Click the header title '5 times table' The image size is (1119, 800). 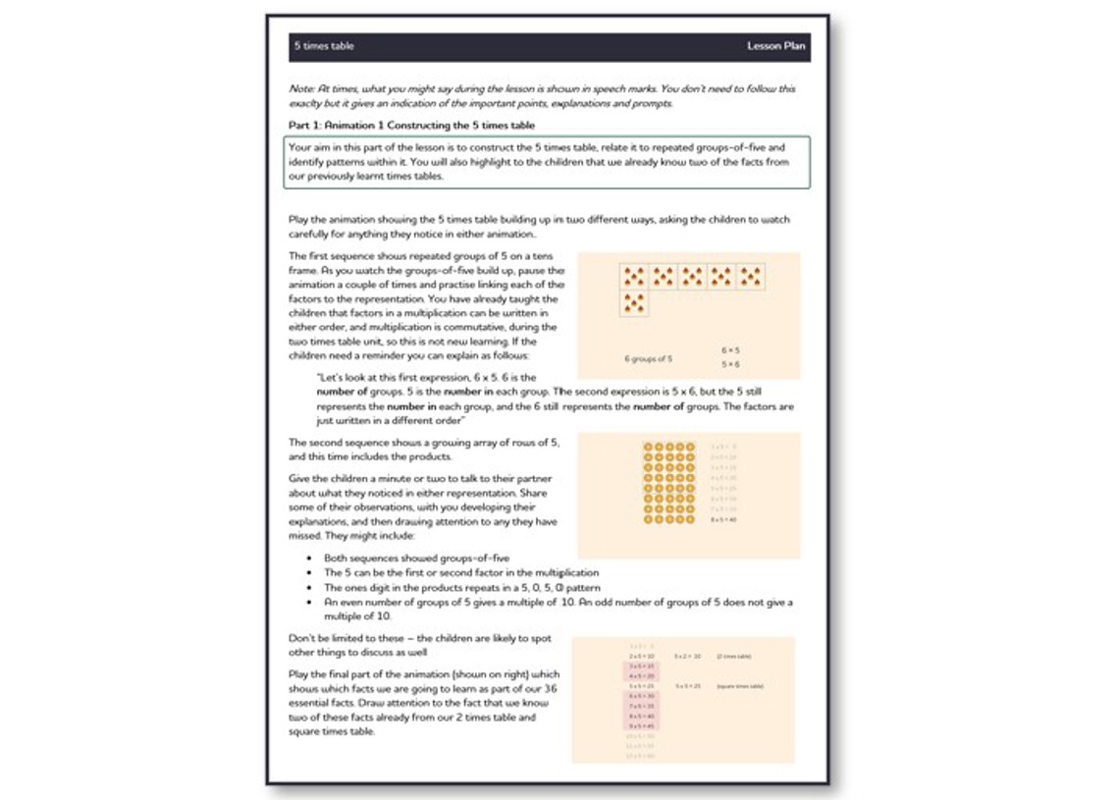(324, 47)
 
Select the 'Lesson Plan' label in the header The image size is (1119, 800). (776, 47)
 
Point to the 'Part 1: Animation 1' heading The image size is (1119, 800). (411, 126)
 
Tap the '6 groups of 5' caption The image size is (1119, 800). (648, 358)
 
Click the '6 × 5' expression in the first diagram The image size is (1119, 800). (729, 349)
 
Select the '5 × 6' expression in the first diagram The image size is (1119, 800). (729, 365)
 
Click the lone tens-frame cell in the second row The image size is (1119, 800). (634, 303)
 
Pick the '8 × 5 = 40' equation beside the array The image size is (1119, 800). (722, 518)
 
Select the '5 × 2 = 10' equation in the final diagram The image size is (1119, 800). (687, 654)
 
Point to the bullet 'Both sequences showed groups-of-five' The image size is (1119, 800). (416, 559)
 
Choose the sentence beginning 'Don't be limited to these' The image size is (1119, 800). (422, 638)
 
